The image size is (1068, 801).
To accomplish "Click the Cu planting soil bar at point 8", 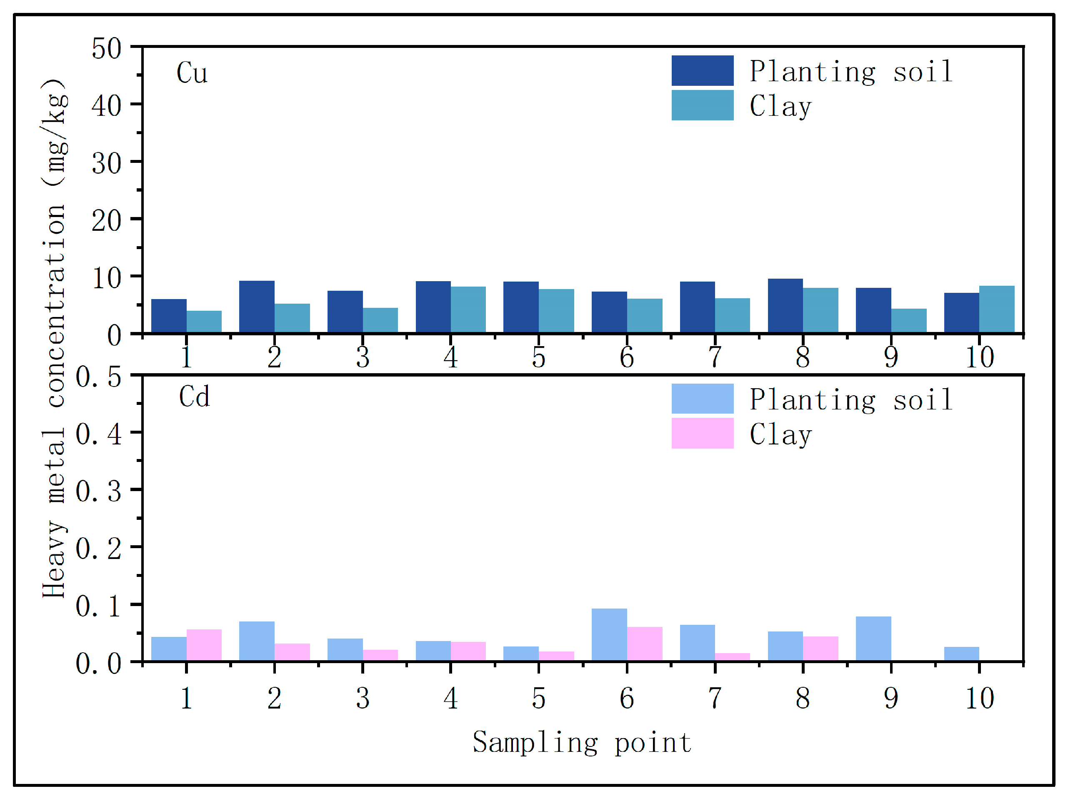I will coord(785,305).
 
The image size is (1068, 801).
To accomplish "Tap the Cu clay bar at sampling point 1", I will coord(204,322).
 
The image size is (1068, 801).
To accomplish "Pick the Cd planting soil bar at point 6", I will coord(609,634).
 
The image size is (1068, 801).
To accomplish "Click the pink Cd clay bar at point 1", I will coord(204,645).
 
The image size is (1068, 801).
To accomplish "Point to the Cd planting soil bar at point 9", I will coord(873,639).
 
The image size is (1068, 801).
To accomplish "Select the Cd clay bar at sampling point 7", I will coord(733,657).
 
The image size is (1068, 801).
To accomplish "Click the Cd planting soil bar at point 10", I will coord(961,654).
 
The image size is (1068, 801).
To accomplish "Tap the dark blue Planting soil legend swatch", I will coord(702,70).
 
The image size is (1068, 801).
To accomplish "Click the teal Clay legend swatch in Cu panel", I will coord(702,105).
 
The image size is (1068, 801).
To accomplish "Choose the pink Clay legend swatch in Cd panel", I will coord(702,433).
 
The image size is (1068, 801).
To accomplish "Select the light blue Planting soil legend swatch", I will coord(702,399).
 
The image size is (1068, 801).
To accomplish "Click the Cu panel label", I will coord(192,73).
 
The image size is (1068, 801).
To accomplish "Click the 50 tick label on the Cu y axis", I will coord(106,49).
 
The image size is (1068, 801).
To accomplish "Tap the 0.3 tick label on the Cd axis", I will coord(98,492).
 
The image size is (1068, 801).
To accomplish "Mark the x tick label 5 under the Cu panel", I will coord(538,357).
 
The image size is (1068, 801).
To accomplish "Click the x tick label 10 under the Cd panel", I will coord(979,698).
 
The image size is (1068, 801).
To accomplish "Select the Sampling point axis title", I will coord(582,743).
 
